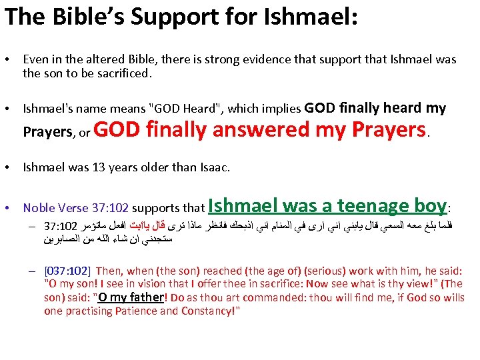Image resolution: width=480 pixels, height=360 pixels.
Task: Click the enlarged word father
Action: (147, 297)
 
